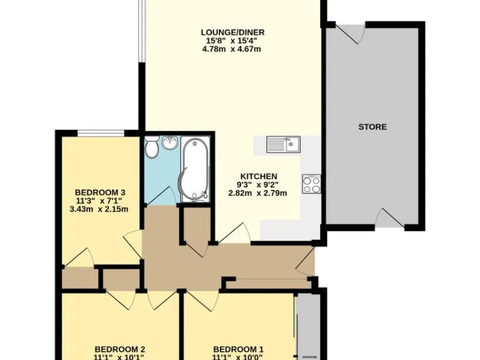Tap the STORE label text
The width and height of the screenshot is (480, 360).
(x=372, y=127)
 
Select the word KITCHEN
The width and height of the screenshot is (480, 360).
(x=256, y=176)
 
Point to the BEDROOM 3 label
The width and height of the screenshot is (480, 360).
(x=101, y=192)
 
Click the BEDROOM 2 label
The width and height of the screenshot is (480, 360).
(x=120, y=349)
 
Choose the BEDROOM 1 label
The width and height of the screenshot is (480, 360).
(x=238, y=349)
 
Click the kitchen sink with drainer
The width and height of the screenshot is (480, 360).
(x=283, y=144)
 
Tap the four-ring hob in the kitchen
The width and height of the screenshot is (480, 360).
(x=311, y=184)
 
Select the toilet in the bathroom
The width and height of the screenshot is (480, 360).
(x=151, y=149)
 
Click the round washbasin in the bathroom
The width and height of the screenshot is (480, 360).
(x=169, y=144)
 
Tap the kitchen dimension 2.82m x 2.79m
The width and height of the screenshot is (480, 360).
(x=257, y=193)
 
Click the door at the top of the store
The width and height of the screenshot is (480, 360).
(x=350, y=34)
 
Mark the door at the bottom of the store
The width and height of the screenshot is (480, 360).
(x=387, y=218)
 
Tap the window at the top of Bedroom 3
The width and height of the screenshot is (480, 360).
(x=100, y=132)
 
